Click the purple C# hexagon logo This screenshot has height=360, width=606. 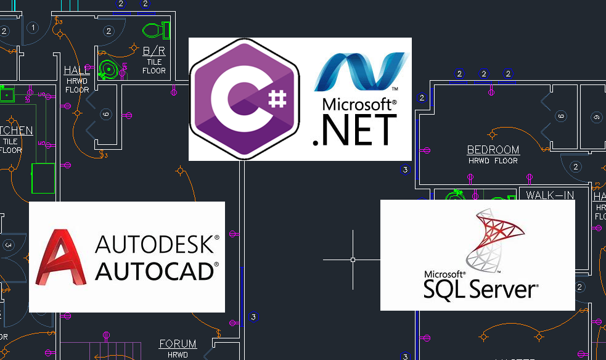[x=244, y=99]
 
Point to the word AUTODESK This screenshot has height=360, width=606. [x=157, y=245]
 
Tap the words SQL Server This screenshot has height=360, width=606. [x=481, y=287]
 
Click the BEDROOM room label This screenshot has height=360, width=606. [x=493, y=150]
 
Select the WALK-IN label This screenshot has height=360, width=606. [x=550, y=195]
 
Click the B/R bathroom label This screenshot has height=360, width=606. [x=154, y=51]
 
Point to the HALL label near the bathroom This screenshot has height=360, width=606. [x=77, y=71]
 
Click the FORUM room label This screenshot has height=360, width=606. [x=178, y=344]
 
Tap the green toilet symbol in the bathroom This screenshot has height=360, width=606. [x=157, y=29]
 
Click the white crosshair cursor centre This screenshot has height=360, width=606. [x=353, y=260]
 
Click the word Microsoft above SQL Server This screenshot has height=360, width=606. [x=444, y=273]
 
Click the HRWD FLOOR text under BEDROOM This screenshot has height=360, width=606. [x=493, y=161]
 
